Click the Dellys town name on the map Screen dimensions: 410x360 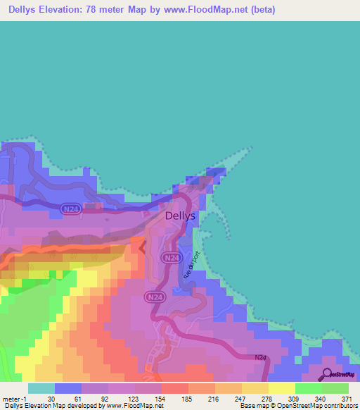tap(179, 217)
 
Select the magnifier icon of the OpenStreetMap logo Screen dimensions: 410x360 tap(326, 375)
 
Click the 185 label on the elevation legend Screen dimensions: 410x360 tap(188, 399)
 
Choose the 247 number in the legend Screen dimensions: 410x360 tap(241, 399)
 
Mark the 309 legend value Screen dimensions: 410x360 tap(295, 399)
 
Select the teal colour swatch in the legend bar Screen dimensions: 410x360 tap(41, 388)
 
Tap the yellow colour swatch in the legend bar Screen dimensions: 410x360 tap(281, 388)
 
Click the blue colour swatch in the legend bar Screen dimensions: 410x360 tap(67, 388)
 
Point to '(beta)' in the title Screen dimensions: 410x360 tap(261, 10)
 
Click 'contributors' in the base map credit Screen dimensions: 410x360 tap(340, 406)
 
